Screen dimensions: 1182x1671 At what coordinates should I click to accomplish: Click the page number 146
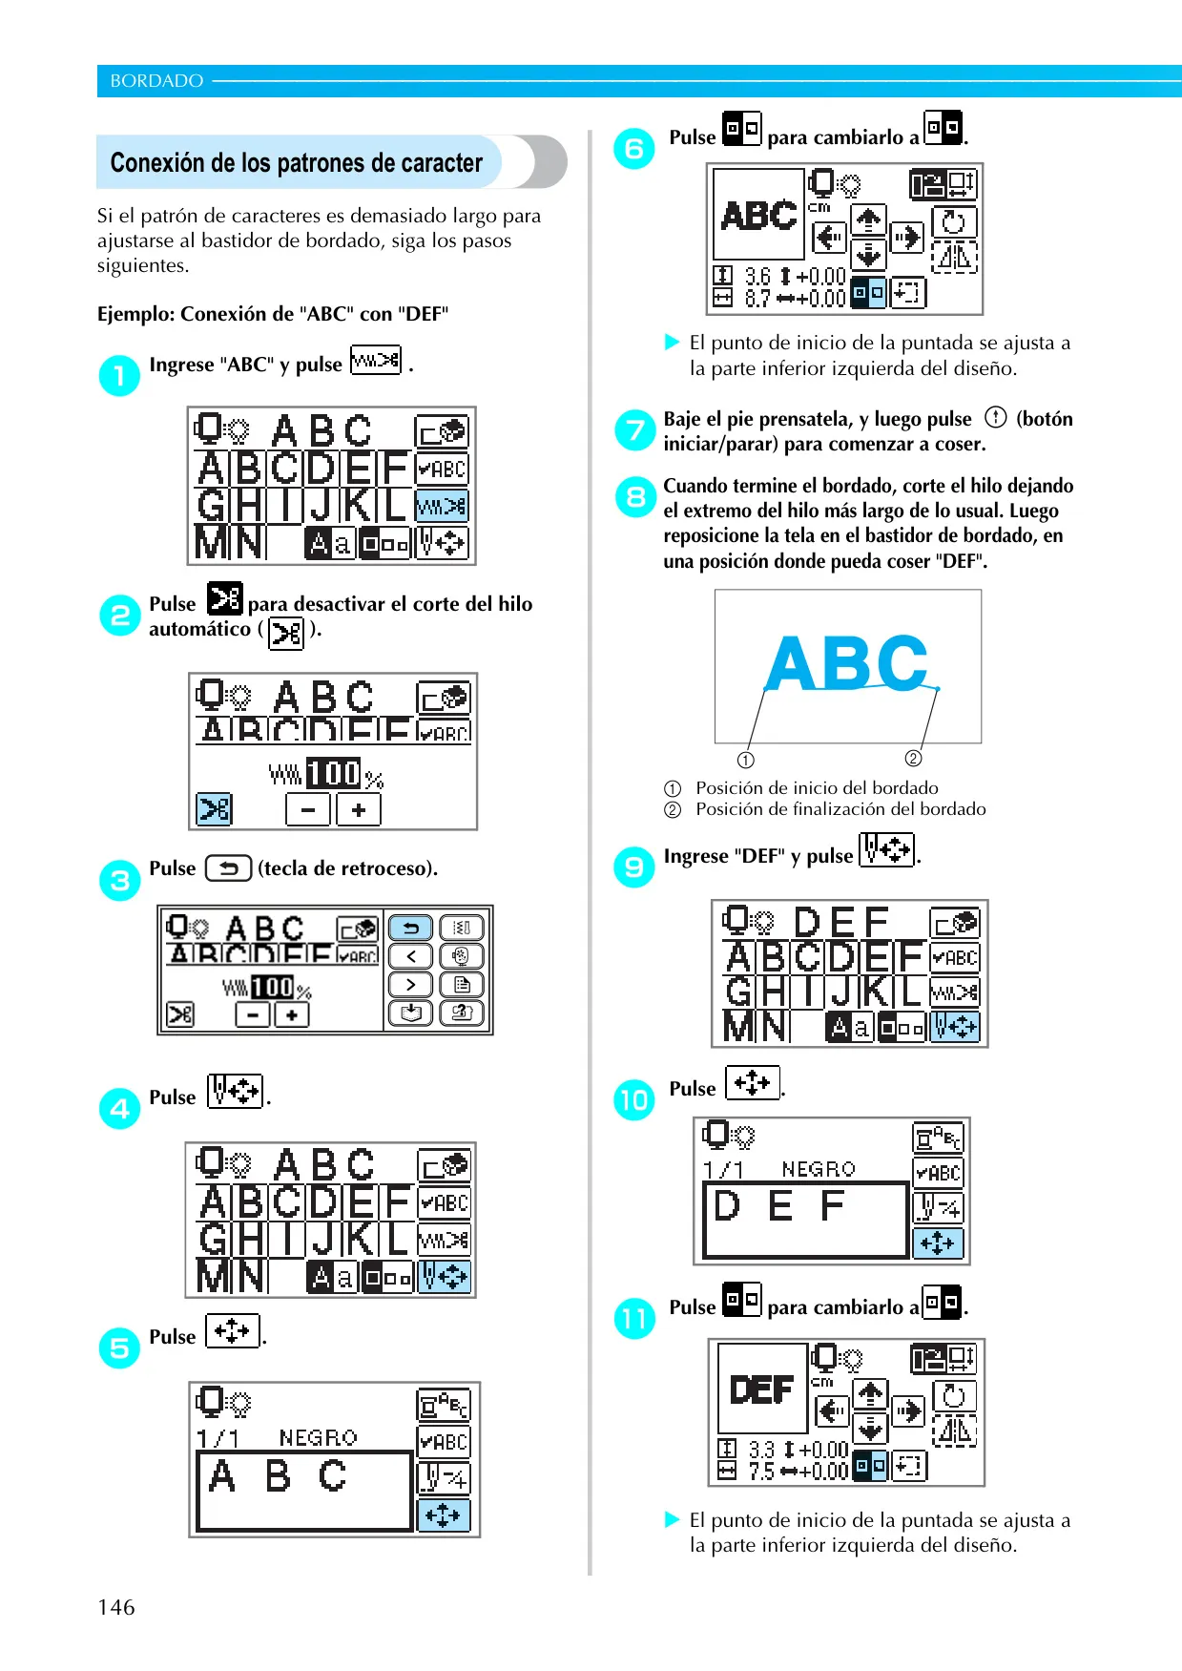click(116, 1607)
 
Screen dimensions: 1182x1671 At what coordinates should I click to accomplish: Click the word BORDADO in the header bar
click(156, 81)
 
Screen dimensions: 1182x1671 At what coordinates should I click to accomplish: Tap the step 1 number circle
click(119, 375)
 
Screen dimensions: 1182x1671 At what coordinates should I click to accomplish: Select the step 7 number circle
click(634, 430)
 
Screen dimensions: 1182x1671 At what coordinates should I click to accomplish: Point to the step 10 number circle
click(634, 1099)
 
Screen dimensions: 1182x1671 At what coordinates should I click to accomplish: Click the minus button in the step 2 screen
click(308, 810)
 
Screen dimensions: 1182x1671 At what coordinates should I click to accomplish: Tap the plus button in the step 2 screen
click(359, 810)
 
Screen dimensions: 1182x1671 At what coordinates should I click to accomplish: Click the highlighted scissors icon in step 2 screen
click(215, 809)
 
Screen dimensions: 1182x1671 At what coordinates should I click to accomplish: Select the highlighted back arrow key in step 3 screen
click(411, 928)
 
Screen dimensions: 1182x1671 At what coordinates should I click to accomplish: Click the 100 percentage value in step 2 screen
click(333, 773)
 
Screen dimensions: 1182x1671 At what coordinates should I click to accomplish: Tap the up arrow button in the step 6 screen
click(868, 220)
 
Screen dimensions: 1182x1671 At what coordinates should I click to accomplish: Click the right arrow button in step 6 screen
click(907, 237)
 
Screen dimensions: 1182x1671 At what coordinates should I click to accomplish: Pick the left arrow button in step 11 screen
click(832, 1411)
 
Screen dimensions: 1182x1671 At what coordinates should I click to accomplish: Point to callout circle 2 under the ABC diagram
click(913, 758)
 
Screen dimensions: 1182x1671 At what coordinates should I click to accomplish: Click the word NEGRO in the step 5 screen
click(319, 1437)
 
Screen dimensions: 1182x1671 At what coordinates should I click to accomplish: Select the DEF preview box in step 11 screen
click(762, 1389)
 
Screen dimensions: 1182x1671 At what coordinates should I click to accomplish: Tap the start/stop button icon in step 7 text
click(995, 417)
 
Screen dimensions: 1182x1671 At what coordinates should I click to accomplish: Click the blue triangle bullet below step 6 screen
click(672, 342)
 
